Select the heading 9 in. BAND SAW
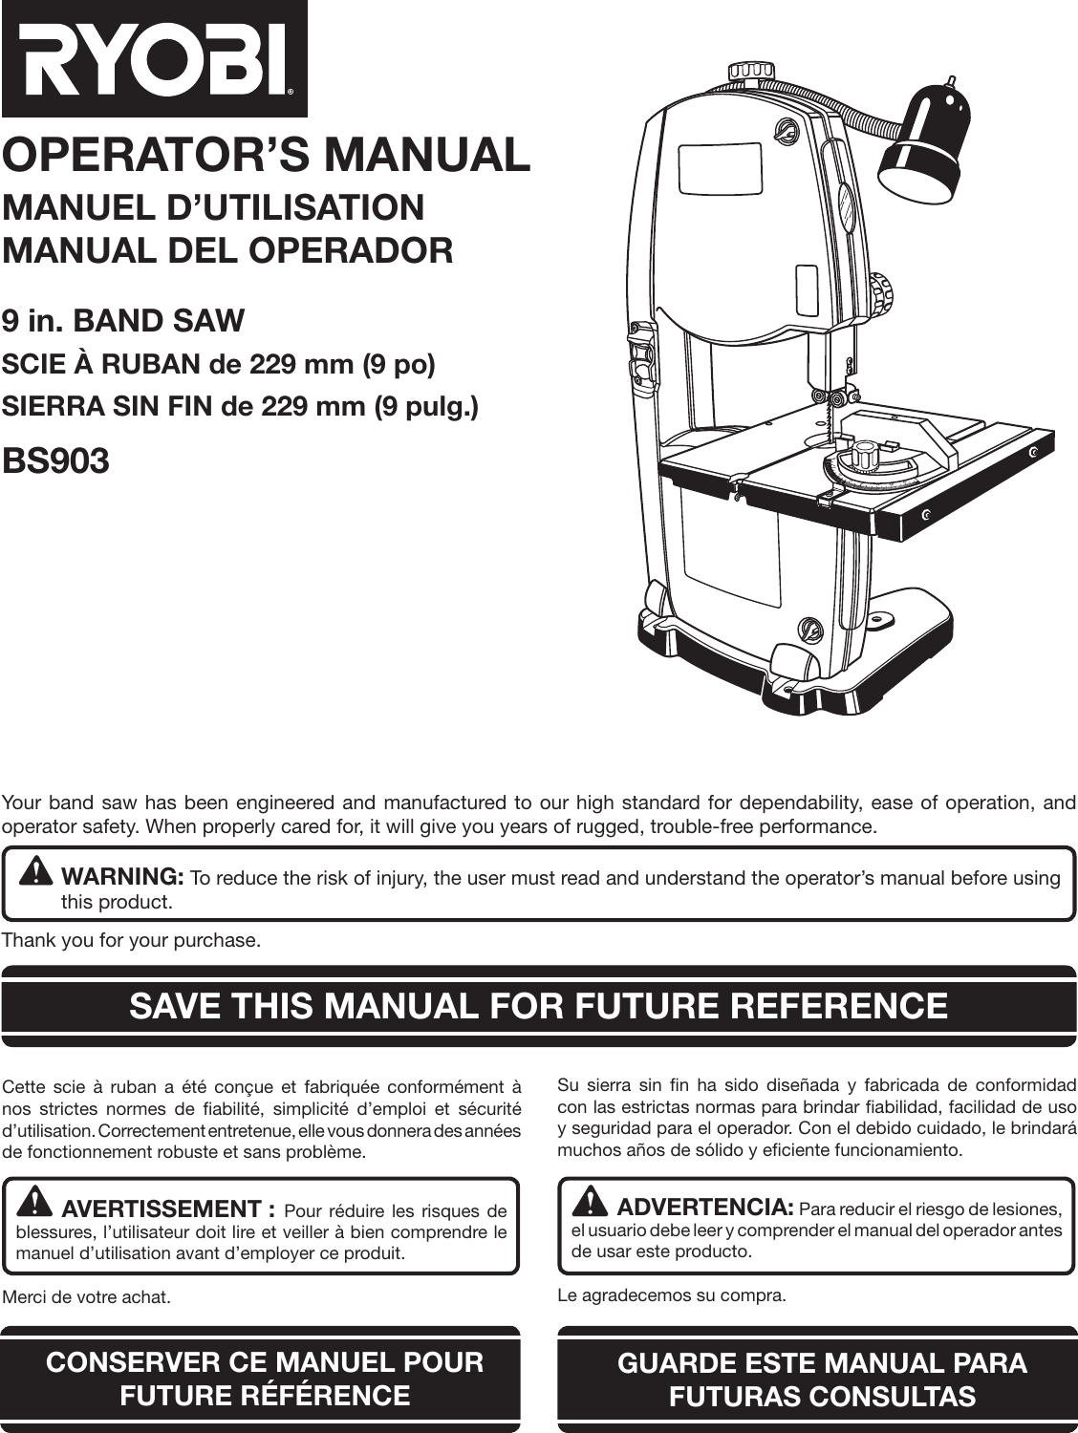123,320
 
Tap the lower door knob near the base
810,628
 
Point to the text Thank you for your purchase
132,941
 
